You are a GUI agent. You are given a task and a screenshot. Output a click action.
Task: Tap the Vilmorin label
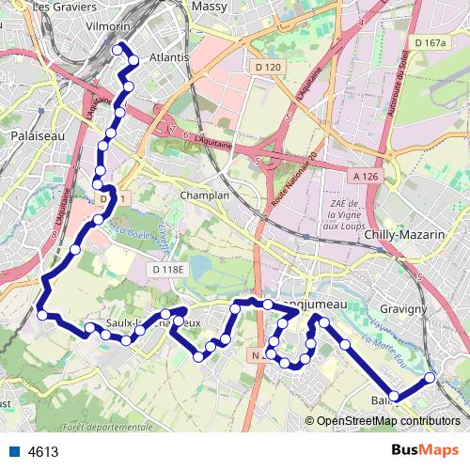coord(105,28)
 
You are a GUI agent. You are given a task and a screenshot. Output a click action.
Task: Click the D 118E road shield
coord(169,271)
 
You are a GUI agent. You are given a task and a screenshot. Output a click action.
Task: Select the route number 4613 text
coord(43,451)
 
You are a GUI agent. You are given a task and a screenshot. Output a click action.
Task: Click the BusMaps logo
coord(425,450)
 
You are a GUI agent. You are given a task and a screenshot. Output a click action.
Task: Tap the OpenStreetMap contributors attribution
coord(387,421)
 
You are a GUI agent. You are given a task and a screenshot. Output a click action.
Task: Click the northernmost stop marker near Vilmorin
coord(117,49)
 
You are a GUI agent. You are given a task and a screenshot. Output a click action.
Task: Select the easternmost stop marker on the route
coord(431,378)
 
